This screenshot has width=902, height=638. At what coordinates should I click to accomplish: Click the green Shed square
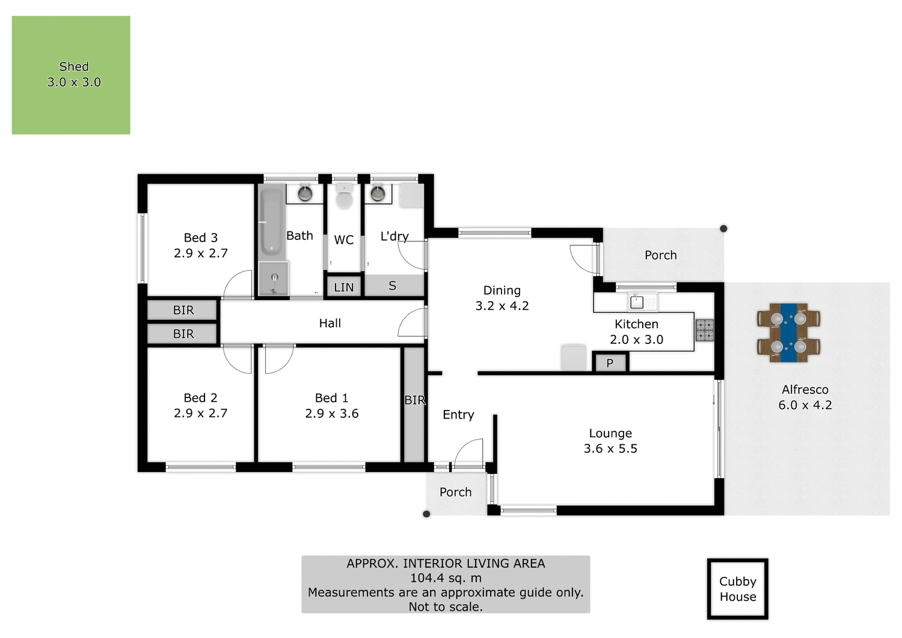point(71,75)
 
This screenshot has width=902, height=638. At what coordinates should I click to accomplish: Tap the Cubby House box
point(737,589)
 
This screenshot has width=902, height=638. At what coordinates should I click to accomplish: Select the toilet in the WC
point(344,198)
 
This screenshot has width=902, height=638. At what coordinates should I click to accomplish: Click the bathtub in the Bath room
point(271,222)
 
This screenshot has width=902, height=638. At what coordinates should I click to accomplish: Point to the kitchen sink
point(637,301)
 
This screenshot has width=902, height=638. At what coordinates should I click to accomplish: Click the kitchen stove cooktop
point(705,330)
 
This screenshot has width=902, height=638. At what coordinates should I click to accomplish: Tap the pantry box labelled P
point(610,363)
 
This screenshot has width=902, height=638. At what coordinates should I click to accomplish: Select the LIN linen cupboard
point(344,287)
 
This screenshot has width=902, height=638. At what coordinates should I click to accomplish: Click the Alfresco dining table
point(788,333)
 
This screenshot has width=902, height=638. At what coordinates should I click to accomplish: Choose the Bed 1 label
point(331,398)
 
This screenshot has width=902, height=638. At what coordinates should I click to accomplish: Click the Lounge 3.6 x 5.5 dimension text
point(610,449)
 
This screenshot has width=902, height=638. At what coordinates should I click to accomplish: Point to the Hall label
point(330,324)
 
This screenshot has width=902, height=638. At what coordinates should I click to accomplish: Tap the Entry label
point(458,415)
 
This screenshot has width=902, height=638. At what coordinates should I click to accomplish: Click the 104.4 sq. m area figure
point(446,578)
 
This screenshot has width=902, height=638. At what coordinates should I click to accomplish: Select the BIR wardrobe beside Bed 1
point(414,404)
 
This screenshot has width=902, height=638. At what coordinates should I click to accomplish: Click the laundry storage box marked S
point(393,286)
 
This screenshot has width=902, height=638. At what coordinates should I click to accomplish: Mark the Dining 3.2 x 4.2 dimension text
point(502,306)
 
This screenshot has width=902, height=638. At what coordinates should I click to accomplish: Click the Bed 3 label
point(200,238)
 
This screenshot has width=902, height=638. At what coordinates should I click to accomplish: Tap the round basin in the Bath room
point(305,194)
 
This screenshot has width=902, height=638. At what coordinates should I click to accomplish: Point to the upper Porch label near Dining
point(660,255)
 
